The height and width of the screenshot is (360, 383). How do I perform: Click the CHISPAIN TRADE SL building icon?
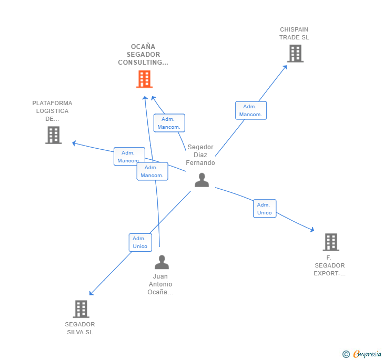295,54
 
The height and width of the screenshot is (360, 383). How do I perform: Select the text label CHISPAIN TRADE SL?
294,34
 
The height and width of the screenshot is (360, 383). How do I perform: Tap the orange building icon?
144,79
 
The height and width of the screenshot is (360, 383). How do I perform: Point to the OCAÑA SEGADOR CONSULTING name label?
143,55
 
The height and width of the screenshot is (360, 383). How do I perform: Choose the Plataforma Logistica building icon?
53,135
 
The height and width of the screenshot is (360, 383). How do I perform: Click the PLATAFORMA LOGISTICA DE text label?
52,111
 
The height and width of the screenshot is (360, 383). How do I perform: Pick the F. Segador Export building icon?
330,242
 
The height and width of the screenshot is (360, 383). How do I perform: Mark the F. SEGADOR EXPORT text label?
329,265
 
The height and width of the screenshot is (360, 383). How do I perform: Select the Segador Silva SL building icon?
80,309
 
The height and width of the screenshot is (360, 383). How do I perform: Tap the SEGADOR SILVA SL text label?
80,328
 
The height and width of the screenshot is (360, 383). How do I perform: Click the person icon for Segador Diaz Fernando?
201,180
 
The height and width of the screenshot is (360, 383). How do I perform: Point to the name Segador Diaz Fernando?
200,155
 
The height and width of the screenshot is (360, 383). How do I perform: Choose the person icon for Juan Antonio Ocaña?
162,262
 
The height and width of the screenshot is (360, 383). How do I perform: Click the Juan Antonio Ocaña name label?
160,284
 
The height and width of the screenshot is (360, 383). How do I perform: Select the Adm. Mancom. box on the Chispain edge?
251,110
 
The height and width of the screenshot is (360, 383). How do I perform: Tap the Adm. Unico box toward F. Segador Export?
264,209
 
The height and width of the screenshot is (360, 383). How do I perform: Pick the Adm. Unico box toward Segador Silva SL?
140,242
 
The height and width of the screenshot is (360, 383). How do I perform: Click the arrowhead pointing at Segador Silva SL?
91,293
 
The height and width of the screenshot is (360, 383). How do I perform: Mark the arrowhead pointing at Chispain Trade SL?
286,66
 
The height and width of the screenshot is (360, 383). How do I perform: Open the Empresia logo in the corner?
362,354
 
